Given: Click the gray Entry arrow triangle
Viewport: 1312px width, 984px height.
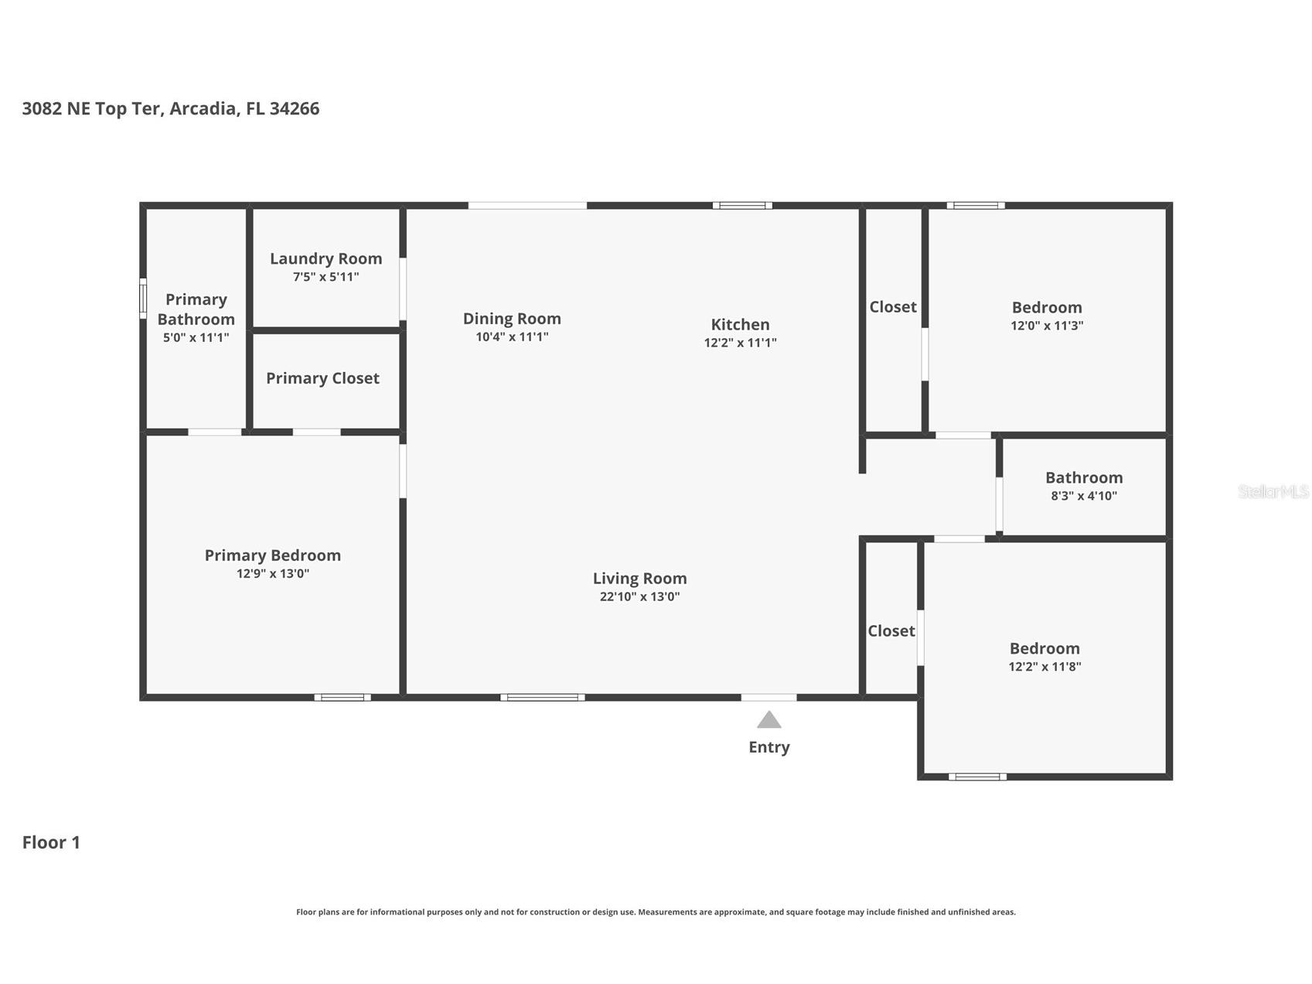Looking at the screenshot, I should click(x=768, y=720).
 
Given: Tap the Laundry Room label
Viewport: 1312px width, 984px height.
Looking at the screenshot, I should click(x=325, y=258).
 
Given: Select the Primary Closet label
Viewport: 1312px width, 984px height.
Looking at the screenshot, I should click(x=322, y=378).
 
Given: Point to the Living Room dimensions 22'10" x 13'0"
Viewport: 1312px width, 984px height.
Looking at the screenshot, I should click(x=639, y=596).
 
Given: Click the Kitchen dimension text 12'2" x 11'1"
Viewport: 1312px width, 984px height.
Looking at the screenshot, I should click(x=740, y=343).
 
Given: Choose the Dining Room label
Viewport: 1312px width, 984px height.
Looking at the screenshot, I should click(x=512, y=319).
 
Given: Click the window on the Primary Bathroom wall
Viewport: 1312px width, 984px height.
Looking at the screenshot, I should click(x=143, y=298).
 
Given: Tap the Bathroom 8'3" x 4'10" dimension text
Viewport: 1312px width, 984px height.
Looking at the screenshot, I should click(x=1083, y=496).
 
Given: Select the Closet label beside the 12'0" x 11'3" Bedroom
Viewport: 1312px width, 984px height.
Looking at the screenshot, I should click(x=892, y=307).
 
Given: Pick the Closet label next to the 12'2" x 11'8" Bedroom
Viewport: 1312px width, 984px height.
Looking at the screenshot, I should click(x=891, y=631).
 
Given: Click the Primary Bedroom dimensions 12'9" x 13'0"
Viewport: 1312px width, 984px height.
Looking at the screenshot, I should click(x=272, y=574).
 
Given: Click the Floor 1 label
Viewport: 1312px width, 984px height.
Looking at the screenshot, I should click(x=51, y=842).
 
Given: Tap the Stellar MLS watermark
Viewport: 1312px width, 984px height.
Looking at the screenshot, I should click(x=1273, y=491).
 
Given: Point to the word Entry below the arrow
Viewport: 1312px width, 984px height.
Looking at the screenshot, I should click(x=768, y=747).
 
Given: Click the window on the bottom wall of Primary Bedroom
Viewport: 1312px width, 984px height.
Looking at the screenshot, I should click(x=342, y=698).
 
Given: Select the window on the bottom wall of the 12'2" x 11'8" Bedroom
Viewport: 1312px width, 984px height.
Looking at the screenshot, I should click(x=976, y=777).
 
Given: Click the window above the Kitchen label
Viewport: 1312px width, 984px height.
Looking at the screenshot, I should click(x=742, y=206).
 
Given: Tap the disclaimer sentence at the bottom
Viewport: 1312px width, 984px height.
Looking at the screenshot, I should click(x=656, y=912).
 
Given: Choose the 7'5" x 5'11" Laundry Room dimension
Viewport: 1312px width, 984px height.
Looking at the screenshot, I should click(x=325, y=277).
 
